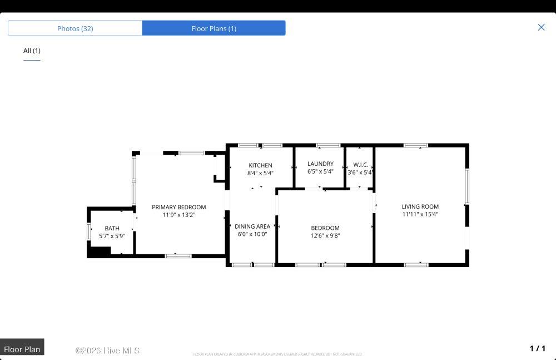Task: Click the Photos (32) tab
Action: click(75, 28)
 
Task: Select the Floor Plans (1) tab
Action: click(214, 28)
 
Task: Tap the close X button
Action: click(541, 27)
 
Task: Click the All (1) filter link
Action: click(32, 51)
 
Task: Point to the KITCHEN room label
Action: click(260, 165)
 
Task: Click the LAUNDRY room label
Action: click(320, 164)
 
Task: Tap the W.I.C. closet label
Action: click(361, 165)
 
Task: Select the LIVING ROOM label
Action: click(420, 206)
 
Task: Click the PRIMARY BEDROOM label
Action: click(178, 207)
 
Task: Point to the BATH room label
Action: click(112, 228)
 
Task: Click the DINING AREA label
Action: click(252, 226)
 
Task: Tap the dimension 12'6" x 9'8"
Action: click(325, 235)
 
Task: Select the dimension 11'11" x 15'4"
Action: click(420, 214)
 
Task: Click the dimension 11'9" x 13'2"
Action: click(178, 215)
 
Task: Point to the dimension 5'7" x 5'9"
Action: click(112, 236)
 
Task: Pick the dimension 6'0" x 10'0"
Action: click(252, 234)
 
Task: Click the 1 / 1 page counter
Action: click(537, 348)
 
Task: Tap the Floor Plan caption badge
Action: click(22, 349)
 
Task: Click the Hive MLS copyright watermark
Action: click(107, 351)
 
